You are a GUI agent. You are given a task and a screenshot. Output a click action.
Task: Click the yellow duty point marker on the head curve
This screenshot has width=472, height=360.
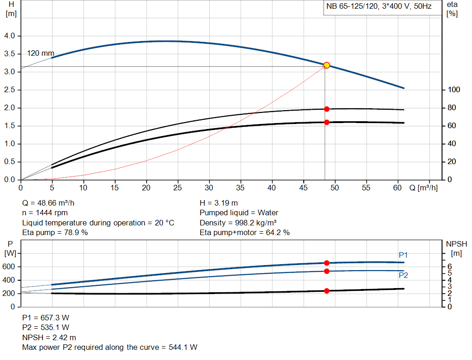click(x=326, y=65)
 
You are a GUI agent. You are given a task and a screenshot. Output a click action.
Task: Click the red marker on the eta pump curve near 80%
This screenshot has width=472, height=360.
click(x=326, y=109)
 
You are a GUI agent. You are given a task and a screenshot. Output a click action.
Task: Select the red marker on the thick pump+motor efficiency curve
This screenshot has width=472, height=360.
click(x=326, y=122)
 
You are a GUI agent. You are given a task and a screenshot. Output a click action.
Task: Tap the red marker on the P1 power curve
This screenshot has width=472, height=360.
click(x=326, y=263)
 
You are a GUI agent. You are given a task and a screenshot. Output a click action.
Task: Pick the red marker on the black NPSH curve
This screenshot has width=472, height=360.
click(x=326, y=291)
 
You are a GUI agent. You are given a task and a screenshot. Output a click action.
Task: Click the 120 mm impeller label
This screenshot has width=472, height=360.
click(x=41, y=53)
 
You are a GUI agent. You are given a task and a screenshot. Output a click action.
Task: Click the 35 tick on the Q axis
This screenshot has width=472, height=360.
click(x=240, y=188)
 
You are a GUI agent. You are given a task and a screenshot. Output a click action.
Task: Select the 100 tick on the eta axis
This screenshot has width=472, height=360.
click(x=454, y=90)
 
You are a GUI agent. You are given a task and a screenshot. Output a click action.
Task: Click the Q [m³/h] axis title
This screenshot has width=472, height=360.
click(x=423, y=188)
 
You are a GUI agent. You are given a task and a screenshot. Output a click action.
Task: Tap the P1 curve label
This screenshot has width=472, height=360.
click(x=403, y=255)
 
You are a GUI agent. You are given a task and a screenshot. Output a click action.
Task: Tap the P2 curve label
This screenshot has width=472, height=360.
click(x=403, y=275)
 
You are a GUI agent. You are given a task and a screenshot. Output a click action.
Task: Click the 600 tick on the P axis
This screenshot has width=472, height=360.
click(x=9, y=267)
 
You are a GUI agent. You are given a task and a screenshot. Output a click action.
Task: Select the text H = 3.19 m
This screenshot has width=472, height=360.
click(x=219, y=203)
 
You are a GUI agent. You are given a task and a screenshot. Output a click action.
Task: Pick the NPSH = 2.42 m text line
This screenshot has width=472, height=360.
click(x=49, y=337)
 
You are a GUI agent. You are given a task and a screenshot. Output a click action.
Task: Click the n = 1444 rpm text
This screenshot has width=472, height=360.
click(x=45, y=213)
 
